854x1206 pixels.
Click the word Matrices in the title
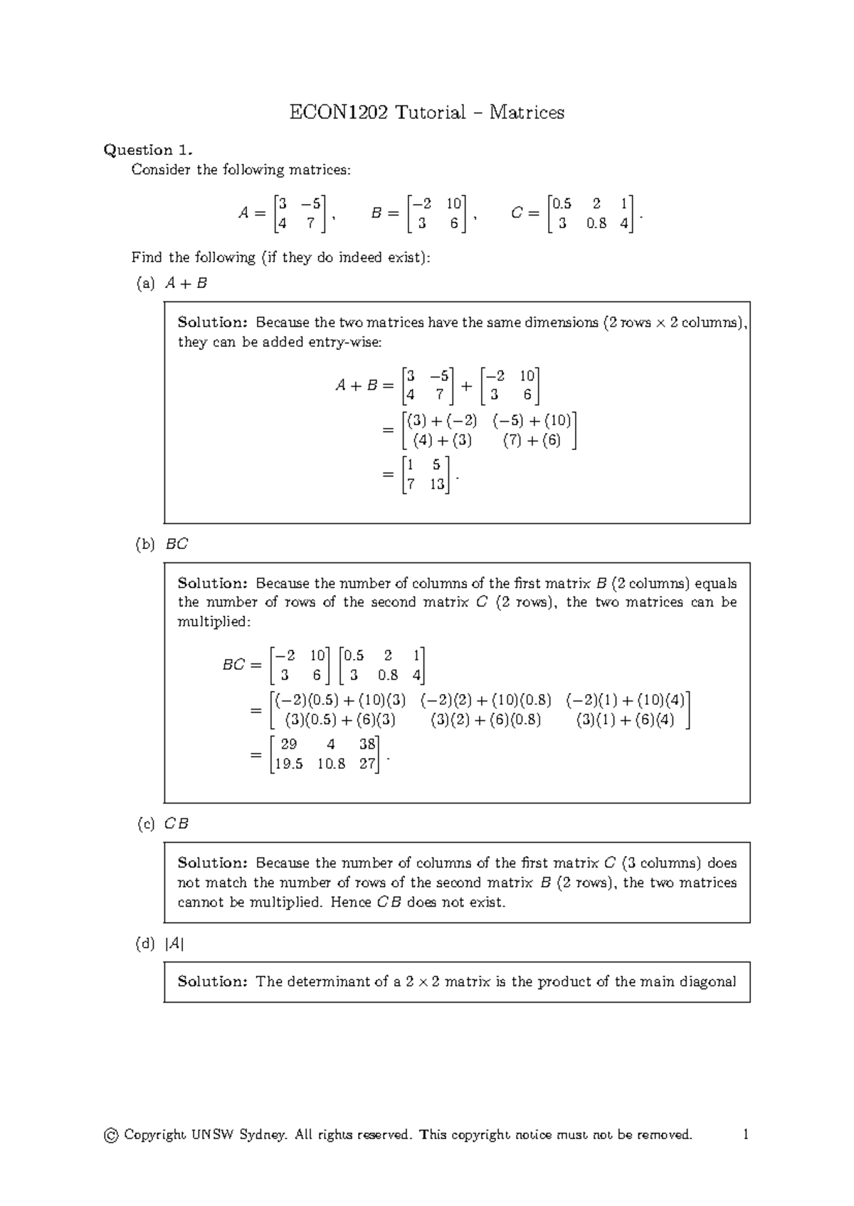tap(527, 112)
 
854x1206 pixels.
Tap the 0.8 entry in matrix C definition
tap(596, 223)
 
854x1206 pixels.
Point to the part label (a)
tap(145, 283)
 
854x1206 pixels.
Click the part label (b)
tap(145, 545)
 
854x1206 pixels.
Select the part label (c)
tap(145, 824)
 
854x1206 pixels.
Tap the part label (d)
tap(145, 944)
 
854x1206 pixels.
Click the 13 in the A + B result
tap(436, 484)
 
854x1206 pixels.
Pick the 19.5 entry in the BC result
tap(288, 764)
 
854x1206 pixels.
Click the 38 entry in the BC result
tap(367, 745)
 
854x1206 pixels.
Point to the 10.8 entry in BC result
tap(332, 764)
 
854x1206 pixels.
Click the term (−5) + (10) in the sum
tap(532, 420)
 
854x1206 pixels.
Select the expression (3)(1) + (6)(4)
tap(625, 720)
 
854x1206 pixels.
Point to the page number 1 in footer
tap(745, 1135)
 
